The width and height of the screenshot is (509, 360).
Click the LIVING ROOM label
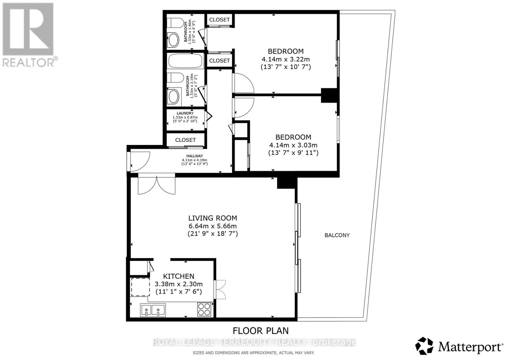(x=213, y=218)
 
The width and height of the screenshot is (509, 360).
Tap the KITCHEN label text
(x=178, y=276)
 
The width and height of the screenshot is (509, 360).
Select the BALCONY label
(x=337, y=235)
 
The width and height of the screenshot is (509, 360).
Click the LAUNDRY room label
(x=185, y=113)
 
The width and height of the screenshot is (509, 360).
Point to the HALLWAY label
(x=195, y=156)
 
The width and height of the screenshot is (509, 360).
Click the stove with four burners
(x=204, y=309)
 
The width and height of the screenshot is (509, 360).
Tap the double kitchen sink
(x=153, y=310)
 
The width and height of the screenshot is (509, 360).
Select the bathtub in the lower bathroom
(x=185, y=61)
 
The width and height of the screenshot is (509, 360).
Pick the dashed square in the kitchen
(x=140, y=287)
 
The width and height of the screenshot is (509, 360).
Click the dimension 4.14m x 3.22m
(x=285, y=59)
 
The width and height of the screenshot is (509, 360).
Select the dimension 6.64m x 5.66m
(x=213, y=226)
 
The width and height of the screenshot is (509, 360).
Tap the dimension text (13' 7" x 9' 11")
(x=293, y=153)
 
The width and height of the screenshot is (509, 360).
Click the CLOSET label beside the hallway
(x=185, y=140)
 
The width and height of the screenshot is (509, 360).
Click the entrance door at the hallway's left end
(x=139, y=161)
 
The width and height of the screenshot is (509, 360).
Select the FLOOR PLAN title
(x=261, y=331)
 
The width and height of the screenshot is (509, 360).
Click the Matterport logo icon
(x=424, y=346)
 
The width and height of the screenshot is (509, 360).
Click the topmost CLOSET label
(x=219, y=20)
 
